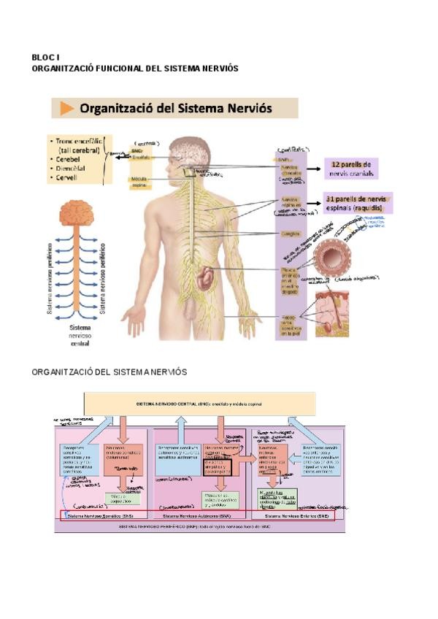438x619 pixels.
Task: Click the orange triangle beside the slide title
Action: pos(66,109)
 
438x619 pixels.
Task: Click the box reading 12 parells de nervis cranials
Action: pos(350,169)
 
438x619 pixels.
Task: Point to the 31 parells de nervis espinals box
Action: pos(358,203)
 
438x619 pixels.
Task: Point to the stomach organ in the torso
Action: pos(207,277)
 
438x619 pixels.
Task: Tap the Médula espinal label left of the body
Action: pos(139,182)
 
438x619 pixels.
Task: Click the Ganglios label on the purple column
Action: pos(291,234)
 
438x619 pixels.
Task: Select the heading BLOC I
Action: pos(45,57)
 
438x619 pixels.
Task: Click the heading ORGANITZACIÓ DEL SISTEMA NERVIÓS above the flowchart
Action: pos(109,372)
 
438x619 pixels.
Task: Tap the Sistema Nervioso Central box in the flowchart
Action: pos(199,404)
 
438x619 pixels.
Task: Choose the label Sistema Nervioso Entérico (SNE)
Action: pos(296,516)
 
